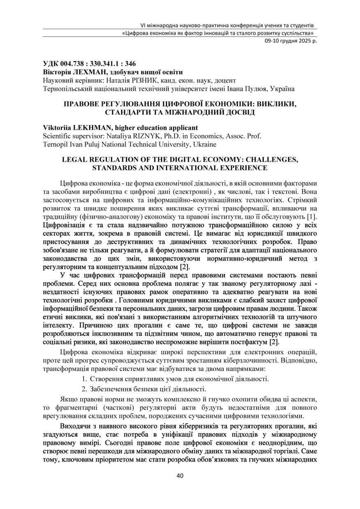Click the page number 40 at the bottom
(x=180, y=476)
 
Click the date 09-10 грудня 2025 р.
(x=290, y=41)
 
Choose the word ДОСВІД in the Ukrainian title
(x=236, y=112)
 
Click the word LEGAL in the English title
(x=75, y=160)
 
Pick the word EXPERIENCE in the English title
(x=241, y=168)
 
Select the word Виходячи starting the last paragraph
(x=75, y=426)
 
